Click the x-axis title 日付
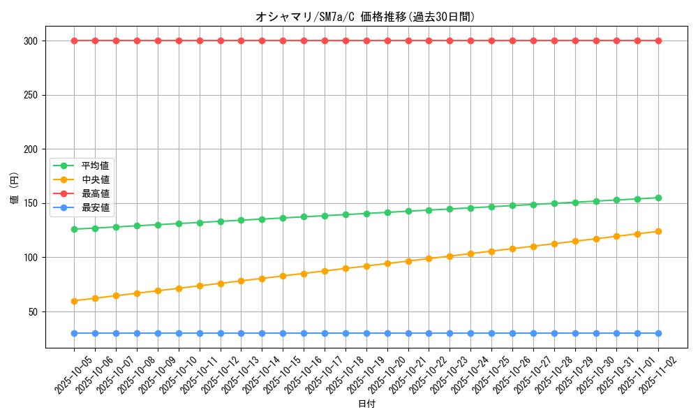(366, 404)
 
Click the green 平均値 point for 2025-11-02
(658, 198)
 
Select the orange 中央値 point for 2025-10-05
(74, 301)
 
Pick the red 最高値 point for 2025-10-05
(74, 41)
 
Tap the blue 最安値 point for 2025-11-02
(658, 333)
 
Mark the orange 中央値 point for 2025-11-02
(658, 231)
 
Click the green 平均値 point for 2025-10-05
(74, 229)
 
